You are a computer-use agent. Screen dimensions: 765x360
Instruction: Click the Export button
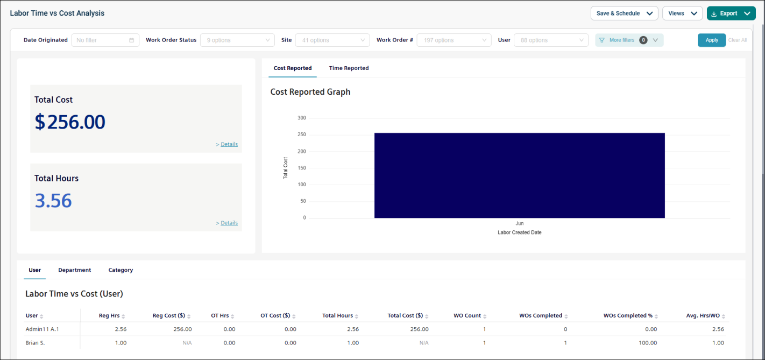(x=731, y=13)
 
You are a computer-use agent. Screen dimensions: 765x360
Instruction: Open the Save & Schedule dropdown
(x=624, y=13)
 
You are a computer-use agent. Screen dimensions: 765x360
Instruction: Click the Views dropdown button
(x=682, y=13)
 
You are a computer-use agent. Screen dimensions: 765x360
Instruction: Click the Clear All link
(x=738, y=40)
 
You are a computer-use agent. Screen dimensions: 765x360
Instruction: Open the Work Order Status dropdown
(x=237, y=40)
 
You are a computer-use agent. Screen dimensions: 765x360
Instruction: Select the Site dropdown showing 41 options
(x=332, y=40)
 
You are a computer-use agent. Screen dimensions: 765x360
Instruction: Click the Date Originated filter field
(x=105, y=40)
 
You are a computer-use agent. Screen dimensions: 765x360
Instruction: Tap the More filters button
(x=629, y=40)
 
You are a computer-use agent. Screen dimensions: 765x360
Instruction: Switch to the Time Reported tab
(x=349, y=68)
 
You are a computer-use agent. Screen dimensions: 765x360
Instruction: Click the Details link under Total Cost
(x=229, y=144)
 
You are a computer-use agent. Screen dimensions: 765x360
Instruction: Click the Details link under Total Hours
(x=229, y=223)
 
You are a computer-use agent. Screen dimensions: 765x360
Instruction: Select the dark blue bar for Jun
(x=520, y=175)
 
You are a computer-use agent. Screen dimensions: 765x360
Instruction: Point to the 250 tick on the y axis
(x=302, y=135)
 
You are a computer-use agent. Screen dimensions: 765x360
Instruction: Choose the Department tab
(x=74, y=270)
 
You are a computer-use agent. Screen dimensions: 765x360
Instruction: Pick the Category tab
(x=121, y=270)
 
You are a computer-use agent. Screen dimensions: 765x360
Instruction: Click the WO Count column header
(x=467, y=315)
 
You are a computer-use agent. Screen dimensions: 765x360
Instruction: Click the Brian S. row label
(x=35, y=343)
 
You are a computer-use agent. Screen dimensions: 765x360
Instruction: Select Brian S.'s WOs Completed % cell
(x=648, y=343)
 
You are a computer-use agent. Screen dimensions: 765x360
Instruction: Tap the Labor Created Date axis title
(x=520, y=232)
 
